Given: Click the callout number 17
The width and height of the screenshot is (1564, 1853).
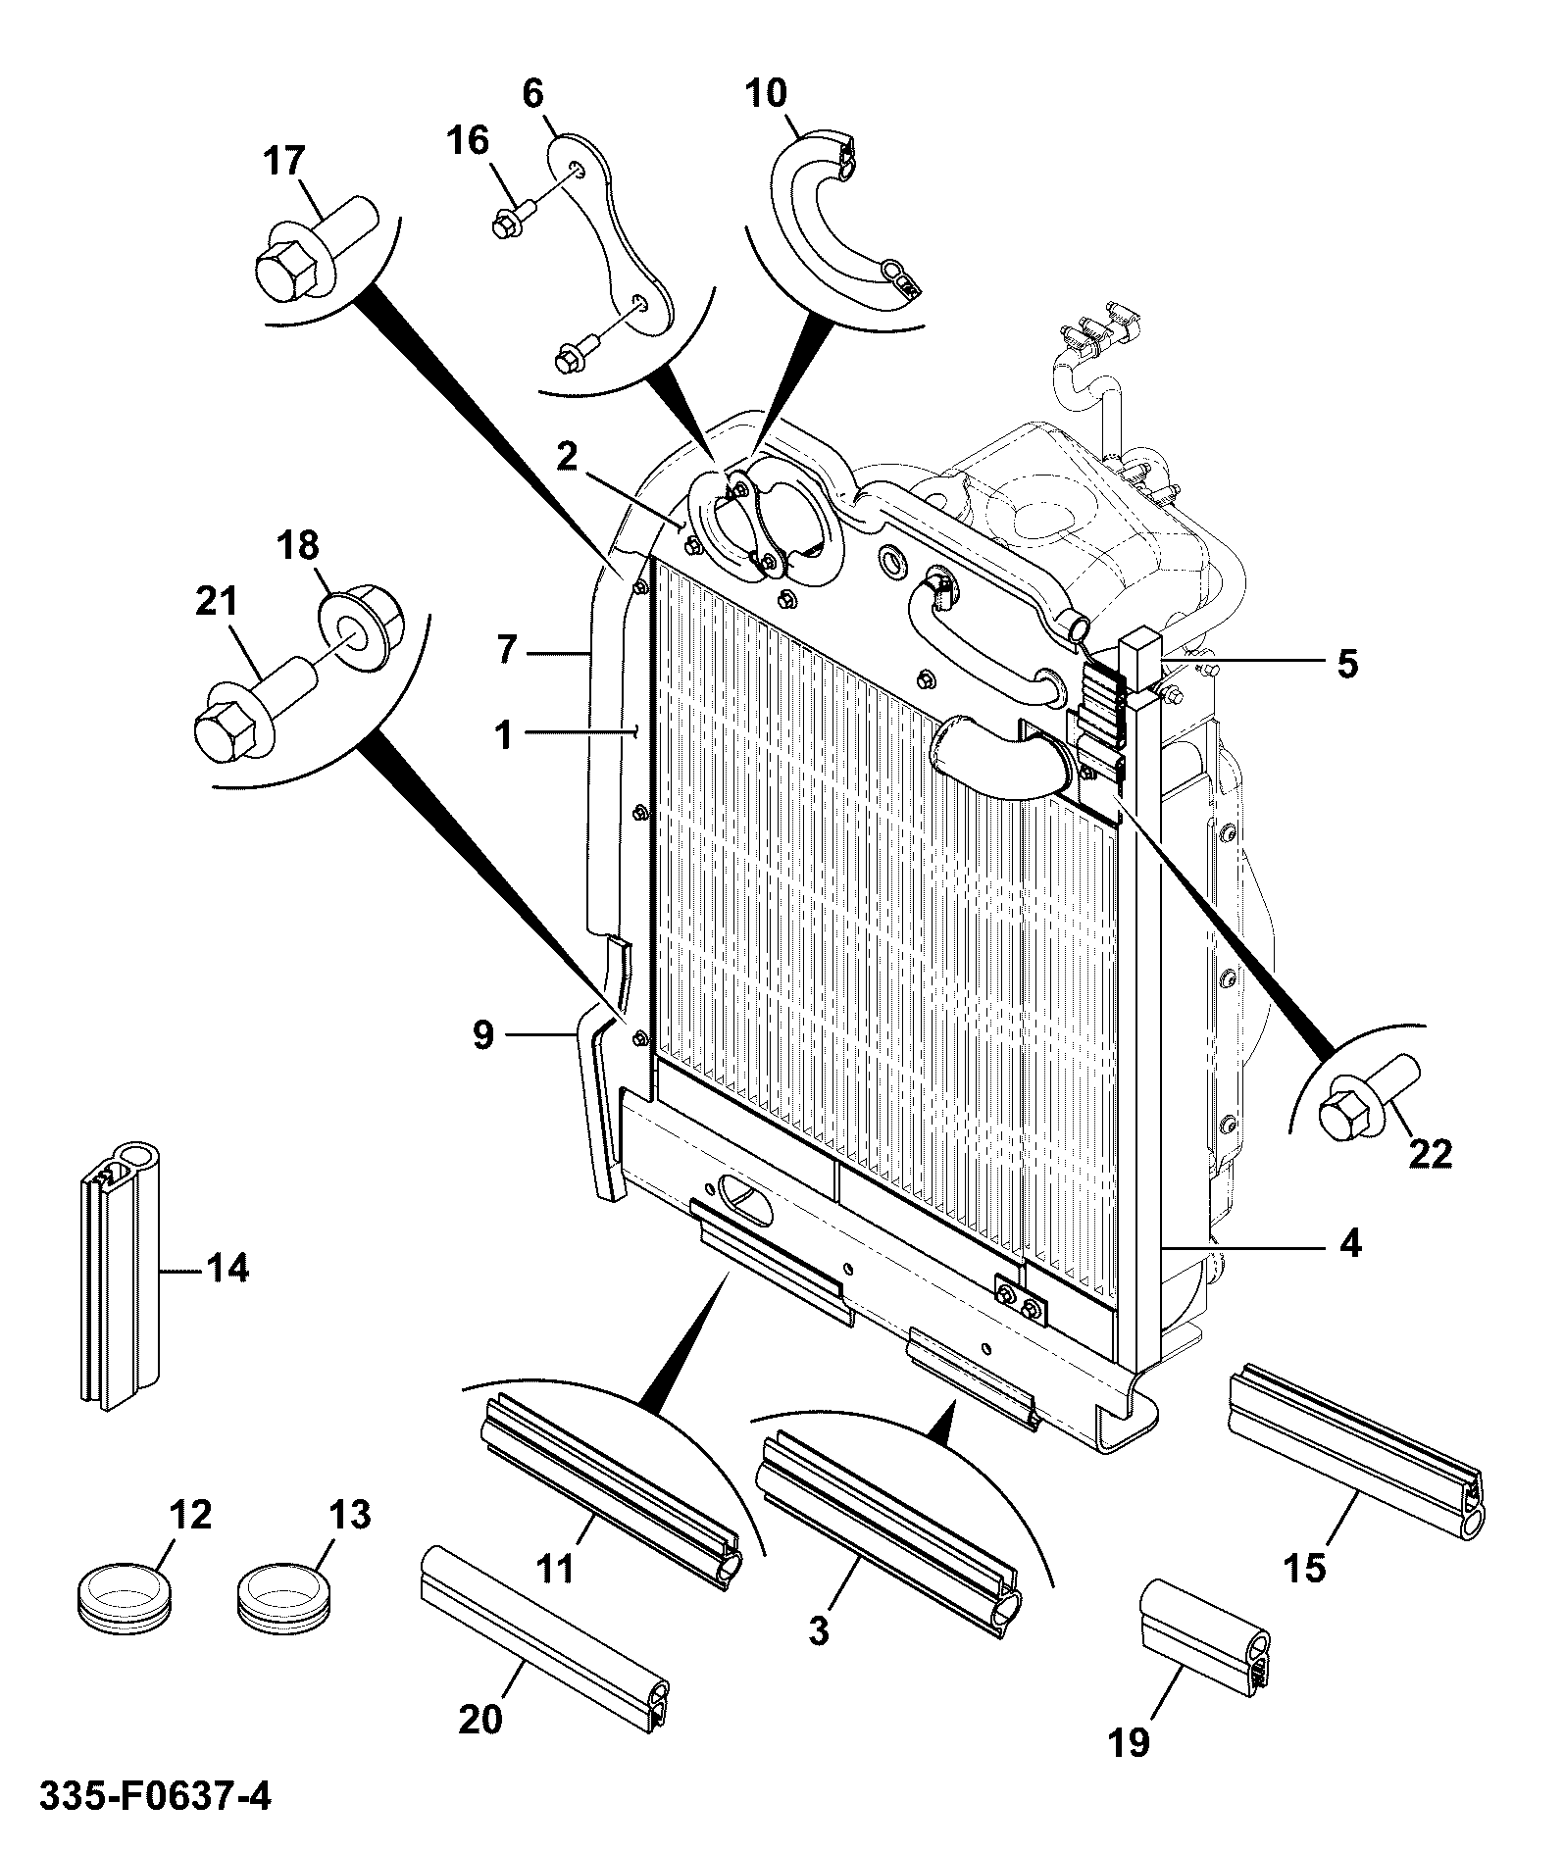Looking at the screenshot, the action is [284, 160].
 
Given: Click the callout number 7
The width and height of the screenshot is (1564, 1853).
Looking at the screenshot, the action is [506, 650].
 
